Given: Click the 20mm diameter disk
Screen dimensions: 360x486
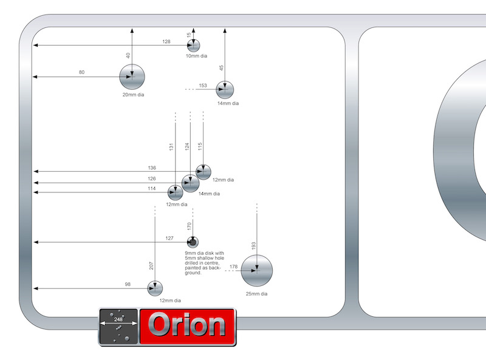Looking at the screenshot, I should click(132, 77).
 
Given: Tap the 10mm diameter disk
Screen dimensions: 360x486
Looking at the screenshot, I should click(193, 46).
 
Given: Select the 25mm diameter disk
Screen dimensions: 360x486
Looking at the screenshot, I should click(256, 270).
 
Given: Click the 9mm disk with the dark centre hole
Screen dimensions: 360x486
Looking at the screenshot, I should click(193, 242).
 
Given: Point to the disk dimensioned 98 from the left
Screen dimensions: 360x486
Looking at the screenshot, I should click(155, 288).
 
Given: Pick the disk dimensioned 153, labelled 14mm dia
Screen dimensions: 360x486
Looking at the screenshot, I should click(225, 90).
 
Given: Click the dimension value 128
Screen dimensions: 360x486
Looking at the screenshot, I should click(166, 41).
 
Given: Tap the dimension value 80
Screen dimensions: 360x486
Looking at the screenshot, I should click(82, 73).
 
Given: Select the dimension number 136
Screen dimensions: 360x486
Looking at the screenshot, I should click(152, 168).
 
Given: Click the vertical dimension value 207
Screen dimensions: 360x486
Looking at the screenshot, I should click(151, 265).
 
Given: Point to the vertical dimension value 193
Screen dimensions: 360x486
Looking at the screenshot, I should click(253, 246).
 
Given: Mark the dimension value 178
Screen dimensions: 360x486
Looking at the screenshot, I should click(233, 267).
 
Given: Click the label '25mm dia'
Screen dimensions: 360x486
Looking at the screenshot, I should click(256, 294).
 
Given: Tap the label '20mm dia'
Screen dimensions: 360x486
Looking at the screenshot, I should click(133, 95).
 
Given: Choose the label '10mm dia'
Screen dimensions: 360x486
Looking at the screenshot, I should click(196, 56).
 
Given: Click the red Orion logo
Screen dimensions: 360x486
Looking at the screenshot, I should click(187, 327).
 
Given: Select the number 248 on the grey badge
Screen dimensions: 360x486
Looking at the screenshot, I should click(118, 319).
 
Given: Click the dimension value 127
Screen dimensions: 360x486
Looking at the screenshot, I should click(169, 239).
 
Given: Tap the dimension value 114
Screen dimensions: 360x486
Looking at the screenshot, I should click(152, 188).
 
